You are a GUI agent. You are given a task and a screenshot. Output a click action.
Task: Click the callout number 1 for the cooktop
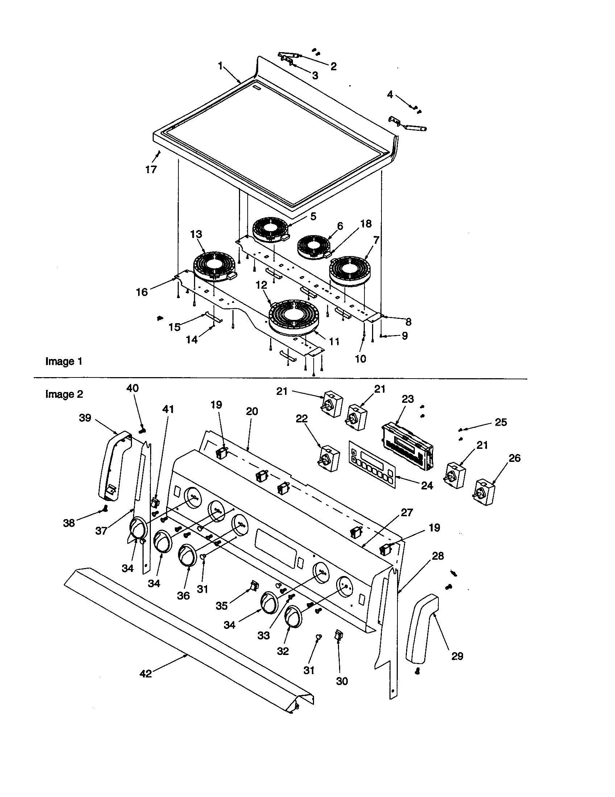(220, 66)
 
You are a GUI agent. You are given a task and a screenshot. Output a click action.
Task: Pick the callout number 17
(151, 169)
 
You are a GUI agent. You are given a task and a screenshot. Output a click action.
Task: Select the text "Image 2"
(64, 394)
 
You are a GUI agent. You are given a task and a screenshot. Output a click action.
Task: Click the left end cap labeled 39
(112, 464)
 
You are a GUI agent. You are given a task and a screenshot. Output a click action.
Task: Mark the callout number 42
(145, 674)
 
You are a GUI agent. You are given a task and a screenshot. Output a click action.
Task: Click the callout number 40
(132, 388)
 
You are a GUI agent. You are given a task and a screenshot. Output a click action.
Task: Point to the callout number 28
(438, 556)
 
